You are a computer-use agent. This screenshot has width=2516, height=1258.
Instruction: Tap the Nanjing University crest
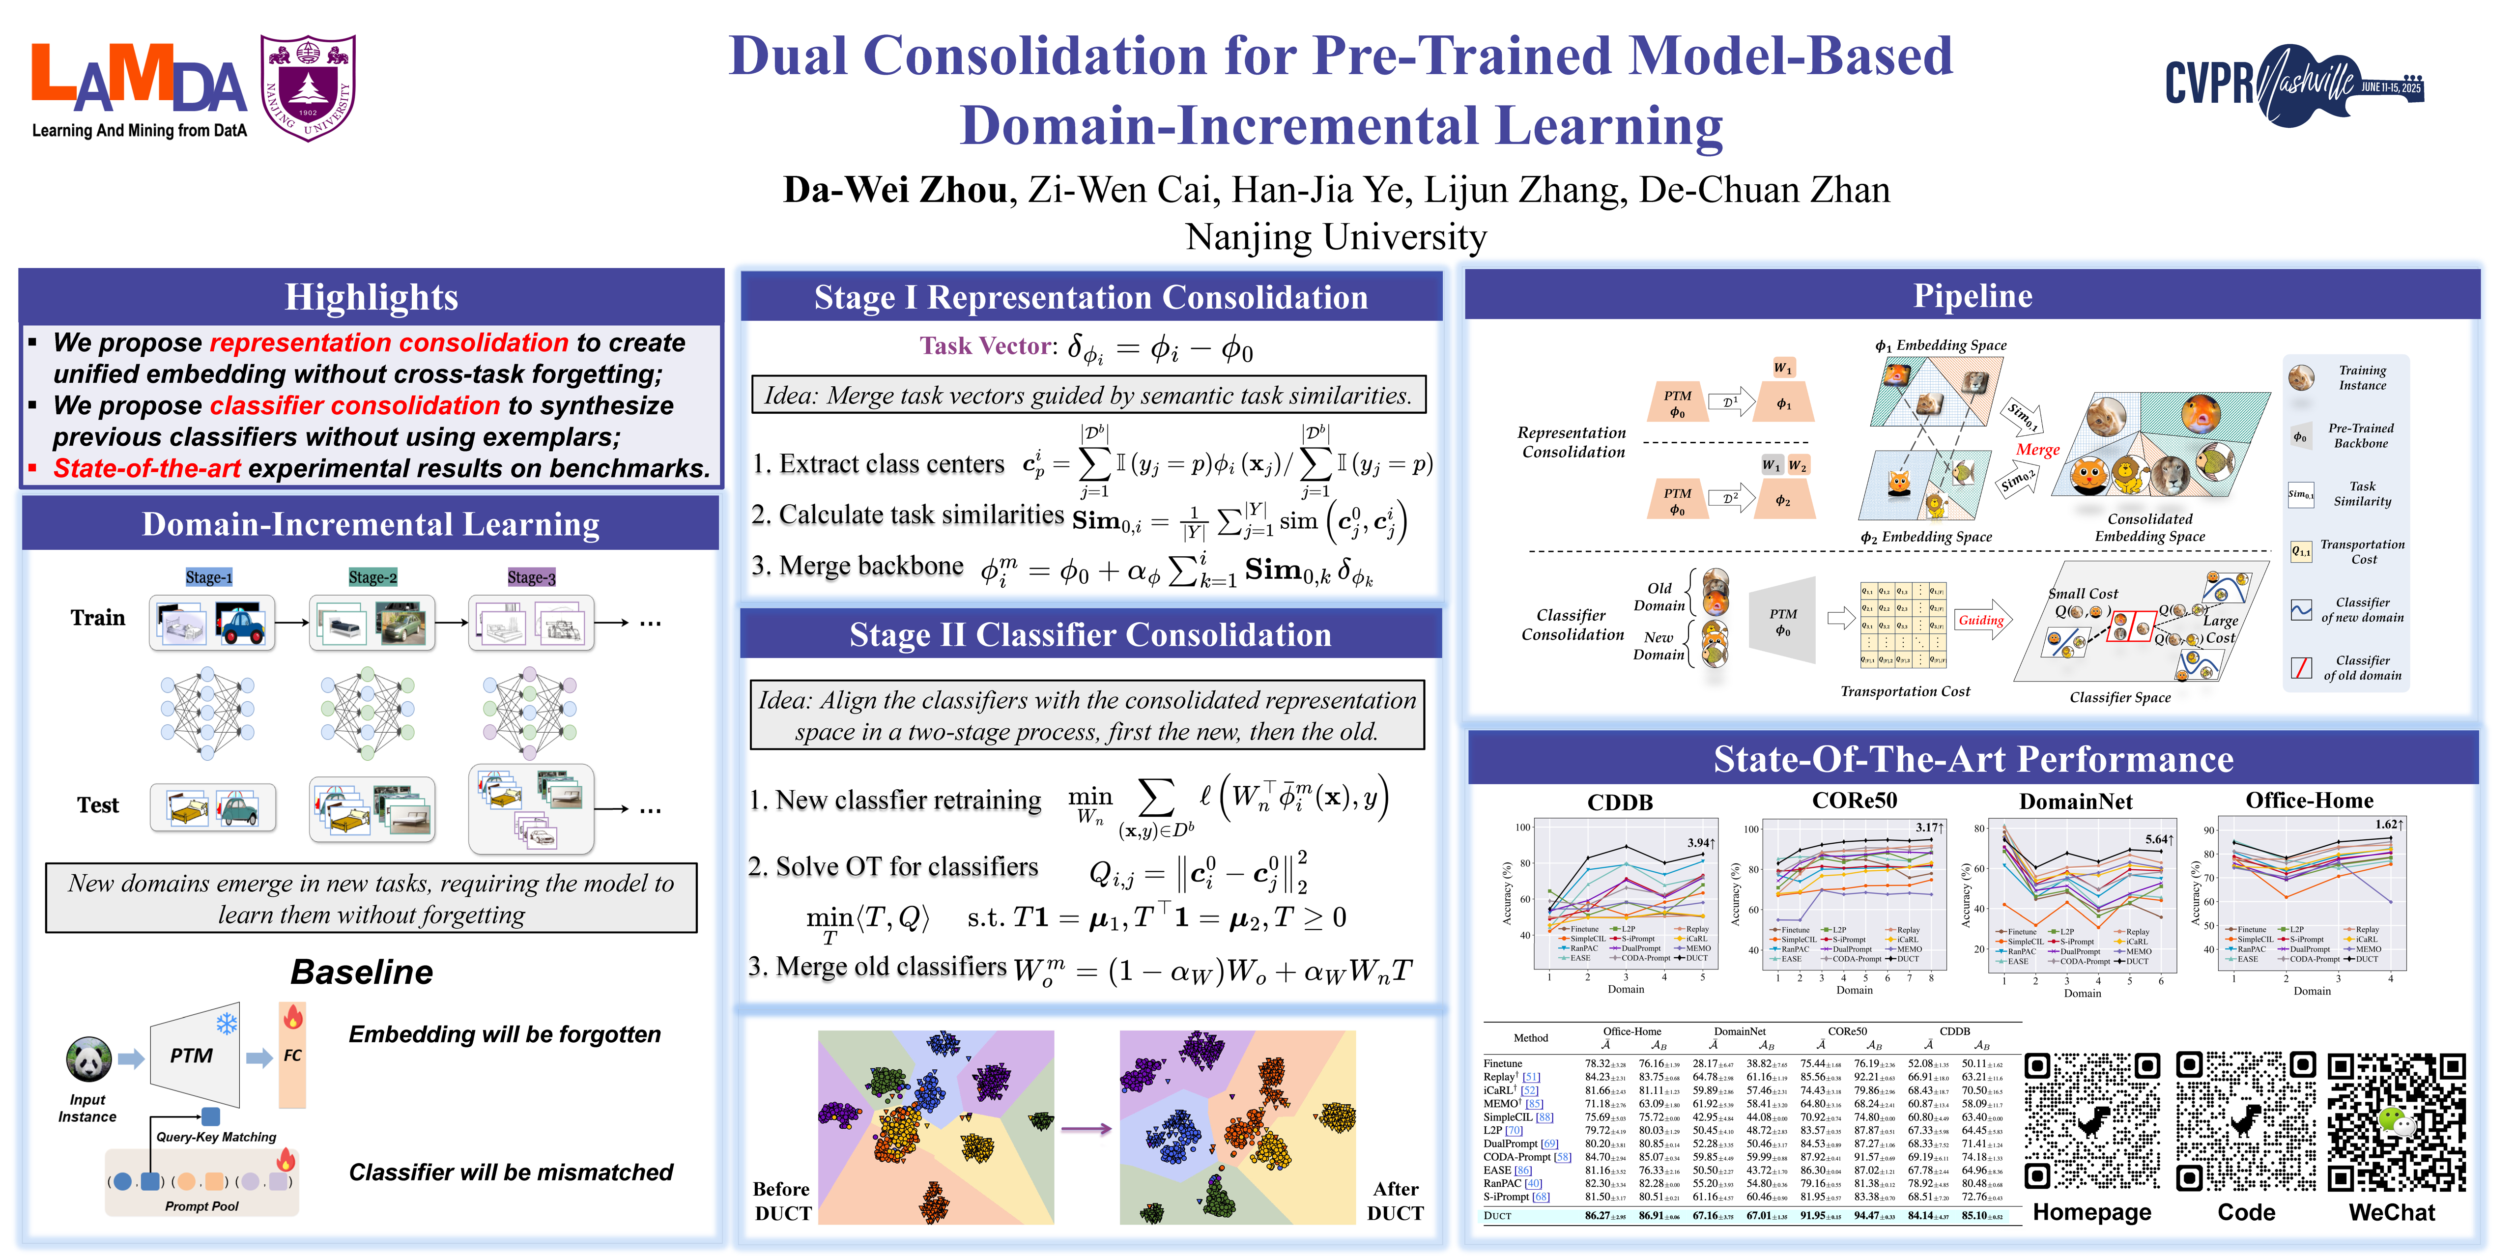coord(308,88)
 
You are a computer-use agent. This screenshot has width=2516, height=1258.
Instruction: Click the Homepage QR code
coord(2091,1121)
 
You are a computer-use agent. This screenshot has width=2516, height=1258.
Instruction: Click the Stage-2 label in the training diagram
coord(372,577)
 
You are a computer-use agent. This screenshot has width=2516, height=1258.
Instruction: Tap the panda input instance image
coord(89,1059)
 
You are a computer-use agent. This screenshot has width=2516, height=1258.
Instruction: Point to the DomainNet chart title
coord(2076,802)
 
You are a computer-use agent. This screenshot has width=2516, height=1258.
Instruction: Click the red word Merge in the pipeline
coord(2037,450)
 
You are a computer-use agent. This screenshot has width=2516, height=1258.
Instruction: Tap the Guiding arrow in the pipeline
coord(1983,620)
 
